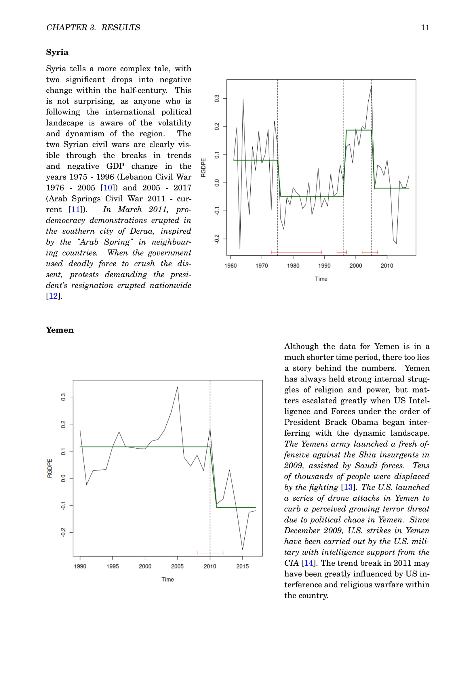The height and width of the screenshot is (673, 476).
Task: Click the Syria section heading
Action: (x=57, y=52)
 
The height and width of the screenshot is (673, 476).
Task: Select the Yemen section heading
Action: (x=60, y=330)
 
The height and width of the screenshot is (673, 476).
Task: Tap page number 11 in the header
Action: (x=425, y=28)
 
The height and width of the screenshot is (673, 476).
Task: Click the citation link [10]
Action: (x=108, y=188)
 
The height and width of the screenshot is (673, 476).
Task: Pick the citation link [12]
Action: (x=53, y=296)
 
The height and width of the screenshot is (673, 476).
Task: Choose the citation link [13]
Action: (x=348, y=487)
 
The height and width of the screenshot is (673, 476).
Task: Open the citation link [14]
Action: (x=308, y=563)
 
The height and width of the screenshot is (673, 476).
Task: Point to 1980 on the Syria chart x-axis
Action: (x=293, y=266)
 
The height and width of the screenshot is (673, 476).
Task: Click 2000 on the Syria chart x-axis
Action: (x=355, y=266)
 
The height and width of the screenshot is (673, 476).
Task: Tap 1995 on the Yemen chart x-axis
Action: (x=113, y=567)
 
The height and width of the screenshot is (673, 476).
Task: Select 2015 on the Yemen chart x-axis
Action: (x=242, y=567)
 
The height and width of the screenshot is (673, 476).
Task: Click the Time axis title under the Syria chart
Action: (x=321, y=279)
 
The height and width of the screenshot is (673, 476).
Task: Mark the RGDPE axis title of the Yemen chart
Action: (x=50, y=468)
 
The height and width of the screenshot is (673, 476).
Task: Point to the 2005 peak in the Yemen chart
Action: (x=177, y=387)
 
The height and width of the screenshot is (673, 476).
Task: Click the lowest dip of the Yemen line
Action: (x=242, y=549)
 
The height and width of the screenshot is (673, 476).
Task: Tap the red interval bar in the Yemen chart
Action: (x=210, y=553)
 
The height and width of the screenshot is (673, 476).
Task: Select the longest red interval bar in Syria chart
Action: (x=296, y=252)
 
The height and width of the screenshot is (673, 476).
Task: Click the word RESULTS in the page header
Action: (x=121, y=28)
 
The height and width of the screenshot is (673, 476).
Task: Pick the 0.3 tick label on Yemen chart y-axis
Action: (x=63, y=397)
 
